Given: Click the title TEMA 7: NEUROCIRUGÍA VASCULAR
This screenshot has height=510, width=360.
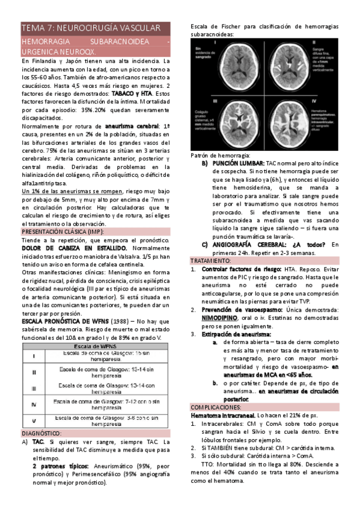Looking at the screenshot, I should point(91,28).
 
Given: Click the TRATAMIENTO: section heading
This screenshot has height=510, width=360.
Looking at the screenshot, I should point(211,261).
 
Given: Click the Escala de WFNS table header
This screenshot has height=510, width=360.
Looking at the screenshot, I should point(96,347).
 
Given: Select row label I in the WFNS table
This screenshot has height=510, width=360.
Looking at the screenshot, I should point(34,357).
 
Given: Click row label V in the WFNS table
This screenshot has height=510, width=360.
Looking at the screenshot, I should point(34,420).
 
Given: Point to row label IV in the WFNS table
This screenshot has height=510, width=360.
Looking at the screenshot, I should point(34,404).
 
